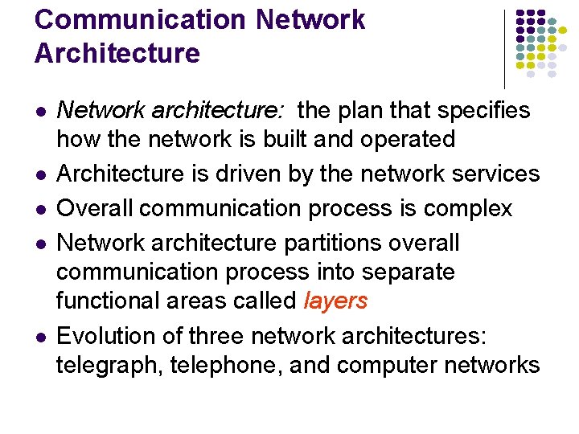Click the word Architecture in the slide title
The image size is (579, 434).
point(117,53)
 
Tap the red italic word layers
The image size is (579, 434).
point(335,301)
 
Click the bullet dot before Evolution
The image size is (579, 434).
point(39,335)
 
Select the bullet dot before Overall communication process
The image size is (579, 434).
point(39,209)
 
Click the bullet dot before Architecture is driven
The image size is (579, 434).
point(39,174)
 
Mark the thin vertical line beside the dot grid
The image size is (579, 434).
point(504,48)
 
